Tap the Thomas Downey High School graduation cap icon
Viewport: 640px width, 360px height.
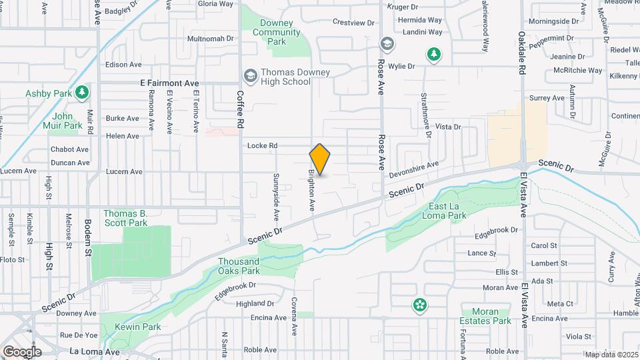coord(250,75)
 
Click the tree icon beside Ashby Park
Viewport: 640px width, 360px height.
coord(82,91)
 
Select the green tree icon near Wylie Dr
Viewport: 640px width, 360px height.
coord(434,54)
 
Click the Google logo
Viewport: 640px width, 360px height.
coord(21,351)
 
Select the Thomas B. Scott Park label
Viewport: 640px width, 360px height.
coord(125,218)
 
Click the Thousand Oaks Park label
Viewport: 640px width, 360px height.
coord(239,266)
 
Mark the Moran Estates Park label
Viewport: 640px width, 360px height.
coord(485,316)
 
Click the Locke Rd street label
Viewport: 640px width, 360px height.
coord(262,145)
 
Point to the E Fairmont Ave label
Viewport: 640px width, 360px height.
coord(170,83)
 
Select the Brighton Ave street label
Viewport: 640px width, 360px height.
coord(311,190)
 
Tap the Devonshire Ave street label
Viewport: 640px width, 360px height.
coord(414,169)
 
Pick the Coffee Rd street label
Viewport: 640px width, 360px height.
coord(241,110)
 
